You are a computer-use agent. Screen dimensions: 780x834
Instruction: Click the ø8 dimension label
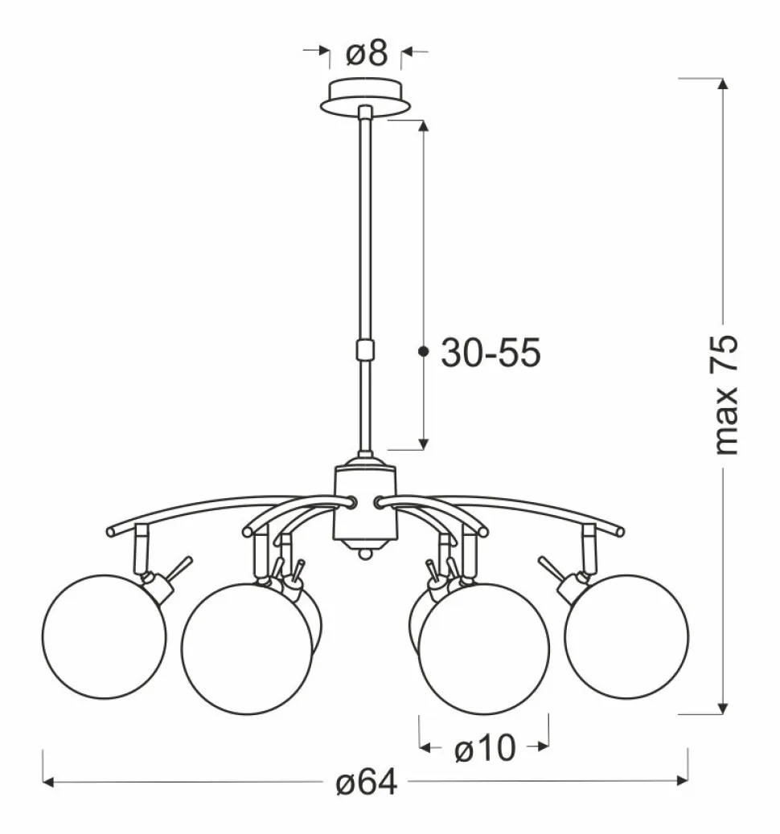367,53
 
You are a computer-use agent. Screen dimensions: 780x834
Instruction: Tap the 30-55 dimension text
491,353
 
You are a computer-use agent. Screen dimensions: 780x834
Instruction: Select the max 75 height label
725,395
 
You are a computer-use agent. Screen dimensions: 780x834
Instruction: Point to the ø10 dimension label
485,748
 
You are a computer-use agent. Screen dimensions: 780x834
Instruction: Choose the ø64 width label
367,783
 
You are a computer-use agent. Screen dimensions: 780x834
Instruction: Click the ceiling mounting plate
365,96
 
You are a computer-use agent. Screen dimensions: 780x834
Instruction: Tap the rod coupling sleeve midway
365,350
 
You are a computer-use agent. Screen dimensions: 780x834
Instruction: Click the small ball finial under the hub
365,554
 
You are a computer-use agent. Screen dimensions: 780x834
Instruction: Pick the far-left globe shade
105,636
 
